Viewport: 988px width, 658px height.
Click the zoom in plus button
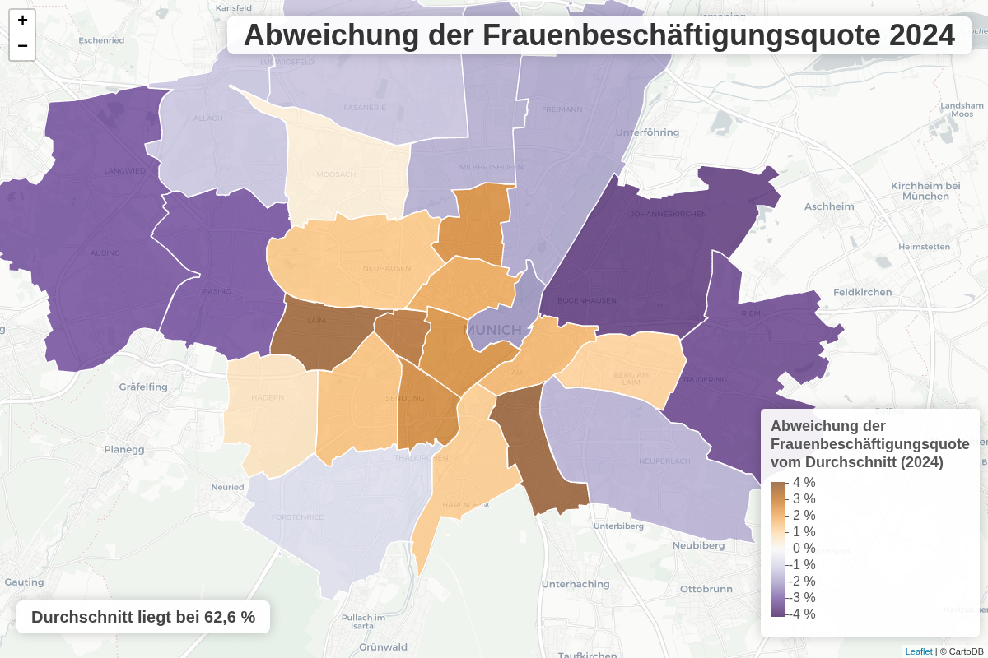22,21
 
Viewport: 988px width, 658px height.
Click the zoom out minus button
22,47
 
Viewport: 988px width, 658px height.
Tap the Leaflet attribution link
919,651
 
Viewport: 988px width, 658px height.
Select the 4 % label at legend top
804,483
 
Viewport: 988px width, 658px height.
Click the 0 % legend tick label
804,549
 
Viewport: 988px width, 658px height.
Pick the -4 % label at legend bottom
802,614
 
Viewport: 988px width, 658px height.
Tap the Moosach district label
336,174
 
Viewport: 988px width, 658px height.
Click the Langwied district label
124,171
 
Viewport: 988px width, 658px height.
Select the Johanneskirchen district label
669,214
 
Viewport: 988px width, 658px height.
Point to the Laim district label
316,321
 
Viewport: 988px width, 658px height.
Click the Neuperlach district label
664,461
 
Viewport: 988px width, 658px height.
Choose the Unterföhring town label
647,132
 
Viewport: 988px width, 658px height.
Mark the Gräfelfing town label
143,386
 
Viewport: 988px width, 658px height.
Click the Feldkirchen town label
862,292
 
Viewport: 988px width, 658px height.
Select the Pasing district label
217,291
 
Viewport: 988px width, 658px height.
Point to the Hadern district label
268,397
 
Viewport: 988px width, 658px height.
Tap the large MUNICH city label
494,330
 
